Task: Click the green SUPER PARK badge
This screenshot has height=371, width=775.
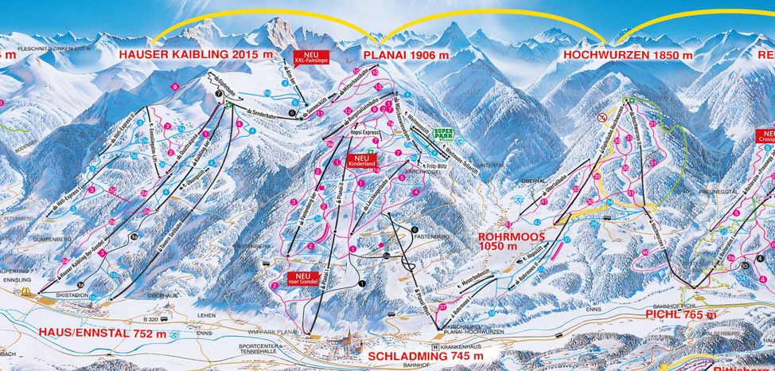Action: pyautogui.click(x=443, y=135)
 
